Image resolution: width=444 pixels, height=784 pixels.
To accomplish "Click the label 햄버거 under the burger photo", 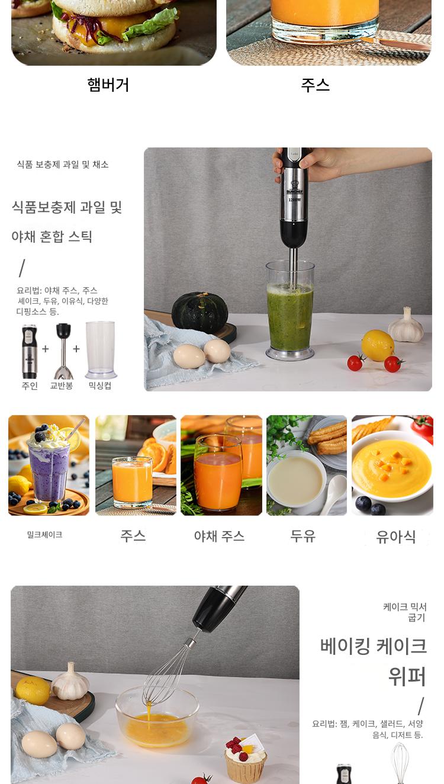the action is (108, 85).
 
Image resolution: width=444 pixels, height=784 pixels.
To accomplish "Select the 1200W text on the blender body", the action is (295, 200).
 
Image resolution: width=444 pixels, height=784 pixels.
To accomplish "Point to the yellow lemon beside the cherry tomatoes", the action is (378, 345).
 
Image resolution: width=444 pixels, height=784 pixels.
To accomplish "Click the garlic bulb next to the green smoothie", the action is (406, 326).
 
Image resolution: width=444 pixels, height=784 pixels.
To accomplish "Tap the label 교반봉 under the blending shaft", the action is (61, 385).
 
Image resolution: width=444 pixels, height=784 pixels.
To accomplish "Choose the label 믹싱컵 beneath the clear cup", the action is (99, 385).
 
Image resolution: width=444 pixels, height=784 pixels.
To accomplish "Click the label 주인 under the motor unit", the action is (30, 385).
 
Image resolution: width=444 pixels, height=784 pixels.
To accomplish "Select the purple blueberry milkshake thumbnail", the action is (49, 465).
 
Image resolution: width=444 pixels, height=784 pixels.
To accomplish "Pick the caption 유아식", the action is (395, 537).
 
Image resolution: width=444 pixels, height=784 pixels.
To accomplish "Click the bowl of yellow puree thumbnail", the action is (392, 465).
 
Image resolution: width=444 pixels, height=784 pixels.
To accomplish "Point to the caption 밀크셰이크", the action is (45, 535).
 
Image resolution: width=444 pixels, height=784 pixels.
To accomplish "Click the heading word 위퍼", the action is (407, 677).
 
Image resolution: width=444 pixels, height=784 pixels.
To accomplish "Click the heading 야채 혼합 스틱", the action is (52, 237).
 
